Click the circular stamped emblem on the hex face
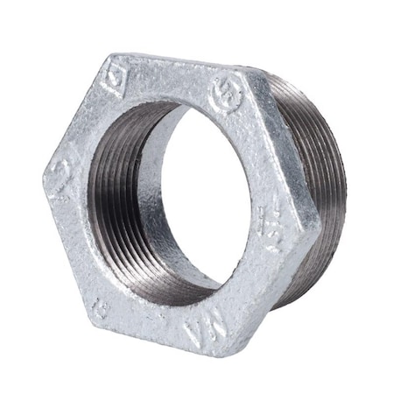[226, 90]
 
